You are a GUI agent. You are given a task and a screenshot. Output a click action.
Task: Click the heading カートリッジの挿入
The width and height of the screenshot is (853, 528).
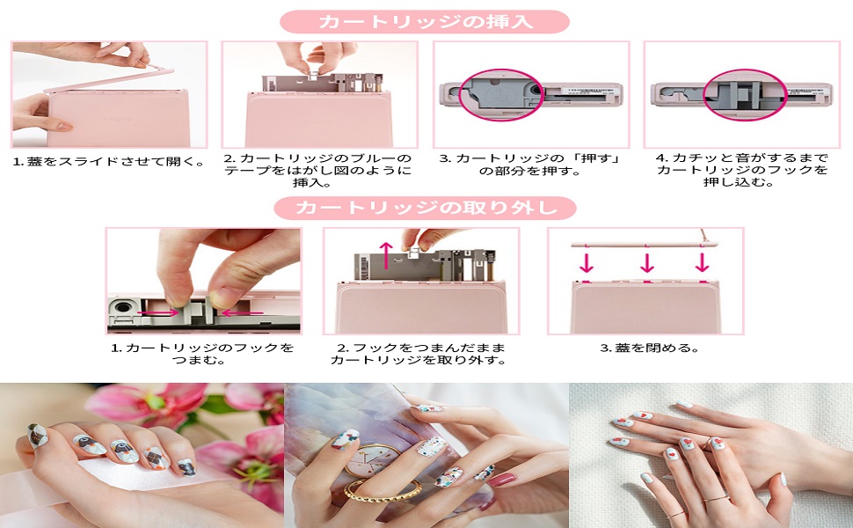(x=425, y=21)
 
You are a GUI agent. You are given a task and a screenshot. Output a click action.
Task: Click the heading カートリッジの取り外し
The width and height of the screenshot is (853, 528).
(x=425, y=209)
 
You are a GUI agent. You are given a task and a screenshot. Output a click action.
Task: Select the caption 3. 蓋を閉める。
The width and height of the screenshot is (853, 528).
(x=649, y=348)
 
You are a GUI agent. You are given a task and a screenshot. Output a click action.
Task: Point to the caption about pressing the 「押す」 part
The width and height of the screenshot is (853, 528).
(x=530, y=164)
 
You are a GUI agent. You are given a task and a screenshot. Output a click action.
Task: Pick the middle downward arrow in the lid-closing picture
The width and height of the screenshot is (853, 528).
(x=646, y=262)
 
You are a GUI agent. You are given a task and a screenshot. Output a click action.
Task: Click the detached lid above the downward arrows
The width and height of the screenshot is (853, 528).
(x=646, y=239)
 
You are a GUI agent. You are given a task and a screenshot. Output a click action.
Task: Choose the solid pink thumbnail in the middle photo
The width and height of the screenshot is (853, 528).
(x=502, y=480)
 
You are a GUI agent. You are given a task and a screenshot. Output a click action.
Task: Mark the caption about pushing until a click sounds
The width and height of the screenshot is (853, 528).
(x=742, y=170)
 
